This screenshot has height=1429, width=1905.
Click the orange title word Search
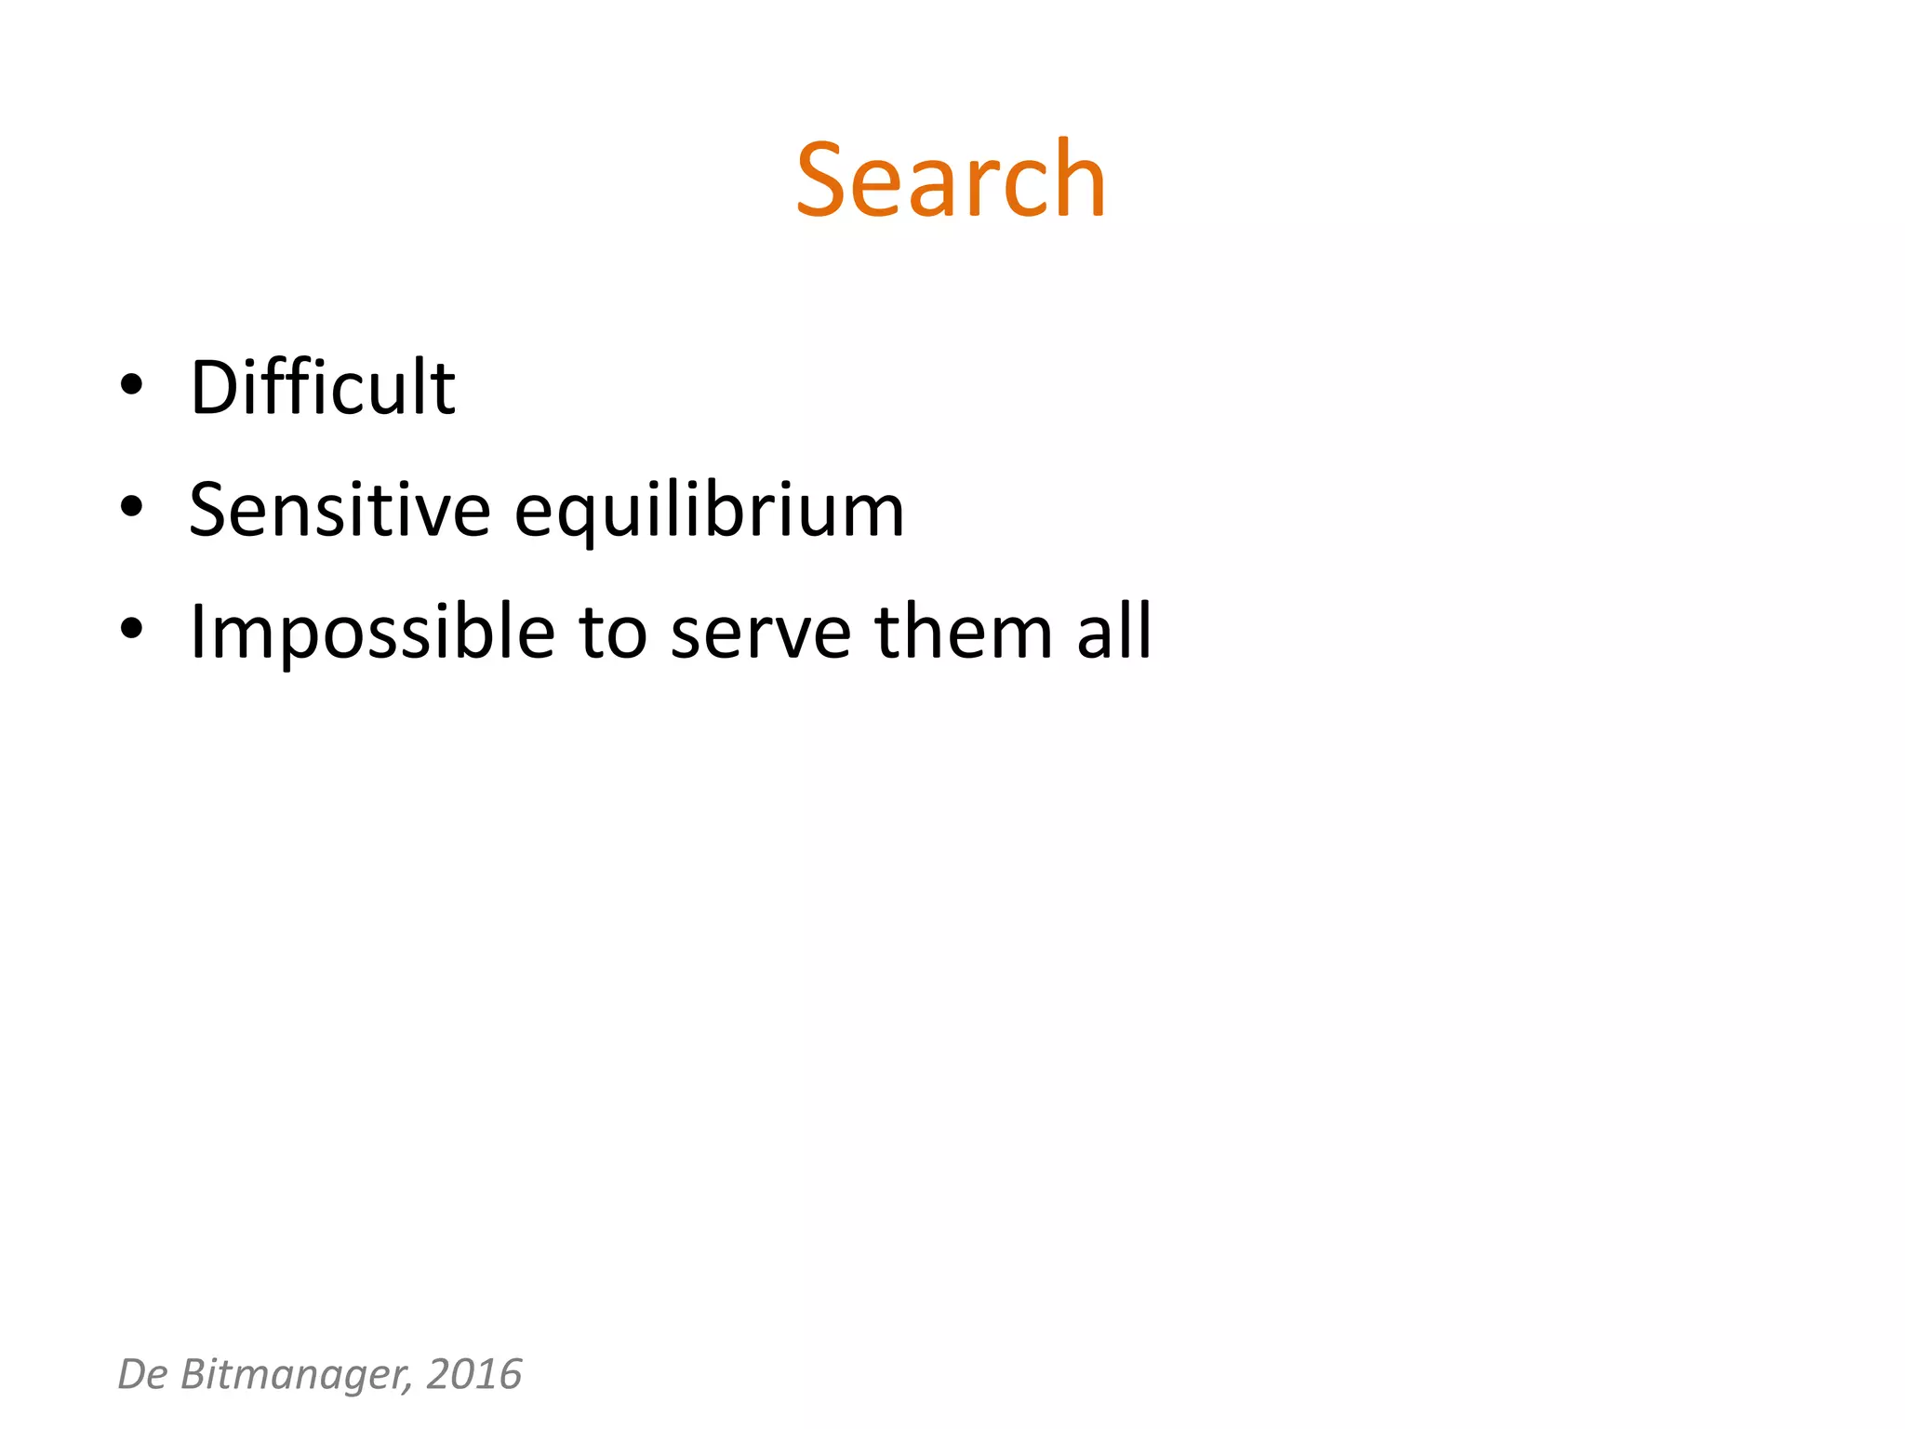pyautogui.click(x=950, y=180)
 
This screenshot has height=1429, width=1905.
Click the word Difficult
pyautogui.click(x=322, y=387)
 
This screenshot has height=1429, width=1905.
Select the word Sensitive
pyautogui.click(x=340, y=510)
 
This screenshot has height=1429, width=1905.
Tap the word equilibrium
pyautogui.click(x=709, y=512)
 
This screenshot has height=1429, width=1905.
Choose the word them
pyautogui.click(x=963, y=632)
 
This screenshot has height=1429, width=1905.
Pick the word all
pyautogui.click(x=1114, y=632)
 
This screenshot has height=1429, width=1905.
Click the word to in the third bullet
pyautogui.click(x=612, y=633)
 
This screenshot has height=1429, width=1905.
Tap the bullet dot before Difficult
pyautogui.click(x=131, y=384)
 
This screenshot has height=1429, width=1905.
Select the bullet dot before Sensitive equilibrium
pyautogui.click(x=131, y=506)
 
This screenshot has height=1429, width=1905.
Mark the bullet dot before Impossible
pyautogui.click(x=131, y=628)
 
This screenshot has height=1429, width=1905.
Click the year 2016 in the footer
pyautogui.click(x=474, y=1374)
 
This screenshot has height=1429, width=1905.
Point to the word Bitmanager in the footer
pyautogui.click(x=296, y=1375)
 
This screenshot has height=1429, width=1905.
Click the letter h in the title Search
pyautogui.click(x=1079, y=177)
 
